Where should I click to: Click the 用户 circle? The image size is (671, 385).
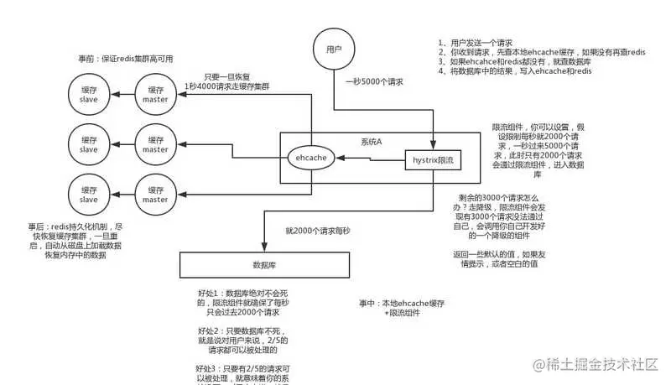pyautogui.click(x=333, y=50)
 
